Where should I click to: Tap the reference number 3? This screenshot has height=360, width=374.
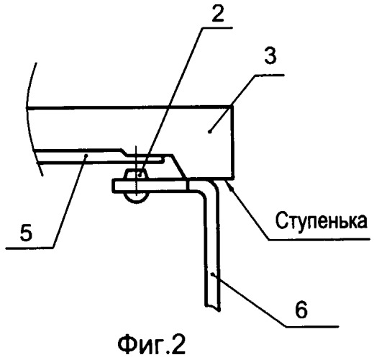click(270, 55)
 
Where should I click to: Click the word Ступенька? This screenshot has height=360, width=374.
click(321, 220)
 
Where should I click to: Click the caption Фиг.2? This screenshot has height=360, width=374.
click(152, 346)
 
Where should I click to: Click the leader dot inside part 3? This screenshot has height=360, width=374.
click(209, 132)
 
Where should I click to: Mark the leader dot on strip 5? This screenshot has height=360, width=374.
click(86, 156)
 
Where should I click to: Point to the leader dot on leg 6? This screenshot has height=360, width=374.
click(212, 274)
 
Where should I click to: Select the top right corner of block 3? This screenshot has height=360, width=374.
click(232, 106)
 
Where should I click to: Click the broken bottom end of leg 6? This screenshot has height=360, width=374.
click(212, 308)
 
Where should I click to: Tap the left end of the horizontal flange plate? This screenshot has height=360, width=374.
click(113, 185)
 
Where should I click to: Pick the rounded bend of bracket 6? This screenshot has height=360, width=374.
click(203, 195)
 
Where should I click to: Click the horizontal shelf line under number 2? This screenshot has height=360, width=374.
click(216, 28)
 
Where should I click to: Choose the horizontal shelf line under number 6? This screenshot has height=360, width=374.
click(311, 326)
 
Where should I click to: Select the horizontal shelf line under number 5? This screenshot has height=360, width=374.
click(29, 248)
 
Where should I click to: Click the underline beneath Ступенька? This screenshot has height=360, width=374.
click(319, 239)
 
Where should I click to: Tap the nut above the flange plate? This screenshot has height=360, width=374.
click(136, 174)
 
